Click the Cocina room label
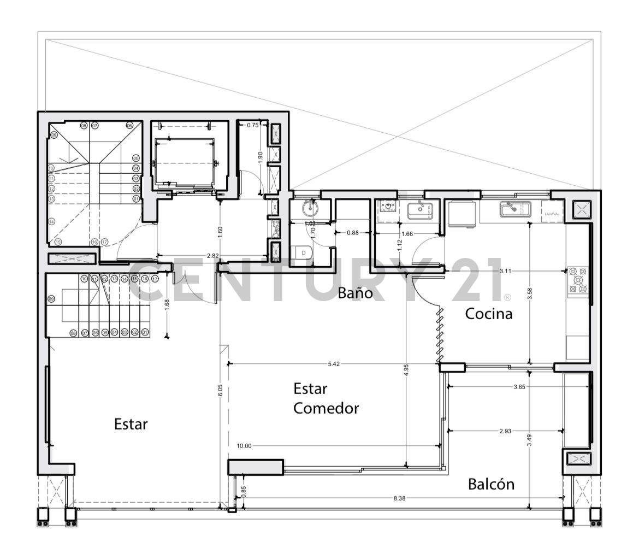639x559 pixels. pos(489,314)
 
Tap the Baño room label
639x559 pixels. pos(355,293)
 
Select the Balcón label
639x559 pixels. pos(491,484)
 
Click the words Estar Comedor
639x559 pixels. pos(326,398)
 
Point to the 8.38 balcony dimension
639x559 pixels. pos(400,498)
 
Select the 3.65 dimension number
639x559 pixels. pos(519,387)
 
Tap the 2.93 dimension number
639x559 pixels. pos(505,431)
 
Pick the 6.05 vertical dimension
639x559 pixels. pos(220,390)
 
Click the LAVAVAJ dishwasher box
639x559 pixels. pos(552,213)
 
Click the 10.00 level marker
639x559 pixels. pos(244,446)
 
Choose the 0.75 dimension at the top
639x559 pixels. pos(253,125)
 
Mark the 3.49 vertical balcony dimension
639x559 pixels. pos(529,444)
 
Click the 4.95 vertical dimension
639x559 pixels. pos(406,369)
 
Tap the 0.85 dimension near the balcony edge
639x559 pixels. pos(244,491)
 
